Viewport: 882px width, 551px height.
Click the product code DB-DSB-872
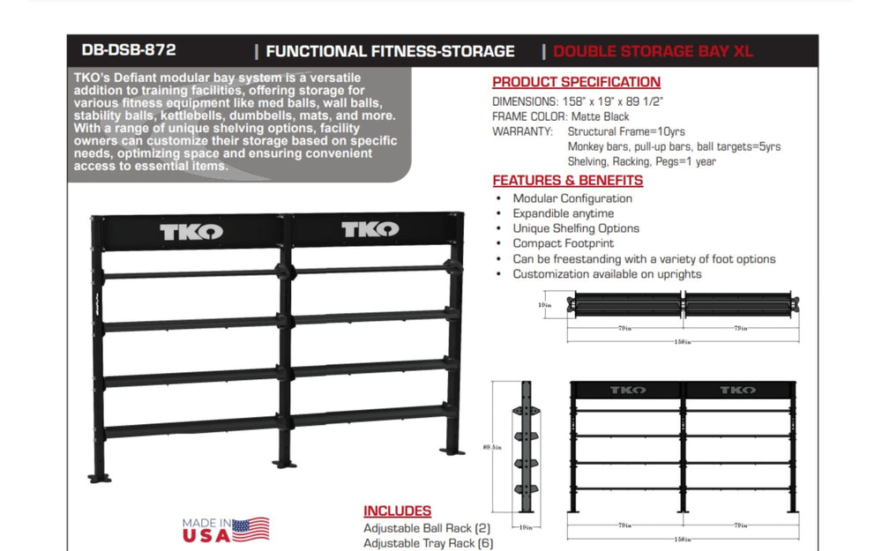pos(127,50)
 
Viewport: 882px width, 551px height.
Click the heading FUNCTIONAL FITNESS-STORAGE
pos(390,51)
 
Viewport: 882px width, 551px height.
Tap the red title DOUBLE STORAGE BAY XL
pos(653,51)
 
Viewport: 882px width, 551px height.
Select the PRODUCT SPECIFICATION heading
pos(576,82)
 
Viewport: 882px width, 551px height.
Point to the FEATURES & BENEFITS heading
pos(567,181)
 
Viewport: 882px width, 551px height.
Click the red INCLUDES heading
pos(397,511)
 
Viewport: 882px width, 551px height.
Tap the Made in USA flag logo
pos(227,529)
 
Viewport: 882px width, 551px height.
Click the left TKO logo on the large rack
pos(191,232)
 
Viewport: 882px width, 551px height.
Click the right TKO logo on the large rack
pos(370,231)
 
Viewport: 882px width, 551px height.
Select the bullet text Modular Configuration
pos(572,199)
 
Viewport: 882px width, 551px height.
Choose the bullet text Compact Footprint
pos(563,243)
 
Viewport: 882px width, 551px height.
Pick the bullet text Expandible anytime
pos(563,213)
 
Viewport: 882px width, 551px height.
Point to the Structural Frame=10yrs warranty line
pos(625,131)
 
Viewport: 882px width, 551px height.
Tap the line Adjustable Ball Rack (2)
pos(428,528)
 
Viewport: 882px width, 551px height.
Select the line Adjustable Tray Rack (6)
pos(428,543)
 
